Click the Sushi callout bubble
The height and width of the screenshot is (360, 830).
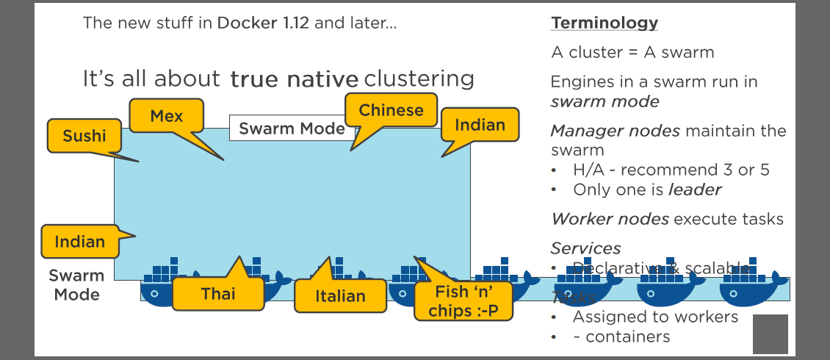[84, 136]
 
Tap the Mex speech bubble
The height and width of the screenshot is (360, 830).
[166, 116]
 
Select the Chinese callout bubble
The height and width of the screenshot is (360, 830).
[391, 111]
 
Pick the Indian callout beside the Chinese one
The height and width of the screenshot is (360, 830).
[480, 125]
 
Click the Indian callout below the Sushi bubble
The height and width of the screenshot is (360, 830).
[79, 242]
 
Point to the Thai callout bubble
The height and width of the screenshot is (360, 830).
[218, 294]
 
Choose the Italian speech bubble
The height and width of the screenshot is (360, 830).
[340, 296]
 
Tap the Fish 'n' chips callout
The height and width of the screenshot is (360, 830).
[462, 302]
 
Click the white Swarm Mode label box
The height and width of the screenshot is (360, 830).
[292, 129]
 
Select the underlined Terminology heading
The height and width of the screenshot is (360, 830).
[605, 23]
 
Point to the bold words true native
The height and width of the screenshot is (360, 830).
[294, 79]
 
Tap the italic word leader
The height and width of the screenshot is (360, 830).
[695, 190]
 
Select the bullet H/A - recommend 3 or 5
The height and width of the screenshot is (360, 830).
[671, 170]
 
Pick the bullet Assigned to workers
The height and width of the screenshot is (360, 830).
[655, 317]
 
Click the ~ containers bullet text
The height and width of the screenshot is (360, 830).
[628, 336]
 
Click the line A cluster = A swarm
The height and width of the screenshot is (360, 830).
[632, 52]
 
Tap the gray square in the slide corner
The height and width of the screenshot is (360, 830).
[770, 334]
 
